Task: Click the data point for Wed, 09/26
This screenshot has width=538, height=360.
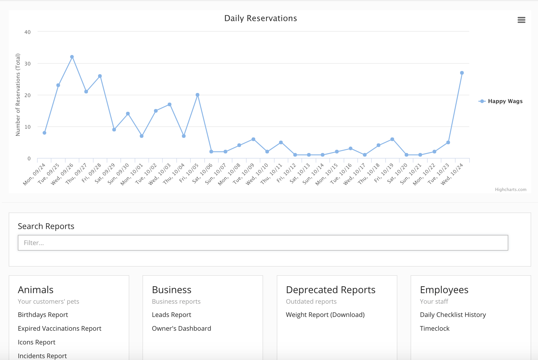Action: click(72, 57)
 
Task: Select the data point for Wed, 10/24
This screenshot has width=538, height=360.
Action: click(462, 73)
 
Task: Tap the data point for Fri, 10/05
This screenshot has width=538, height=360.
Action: click(198, 95)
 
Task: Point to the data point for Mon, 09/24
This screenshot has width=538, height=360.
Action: click(45, 133)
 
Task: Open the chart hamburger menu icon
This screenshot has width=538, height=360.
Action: click(521, 20)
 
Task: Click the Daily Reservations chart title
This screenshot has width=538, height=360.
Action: click(260, 18)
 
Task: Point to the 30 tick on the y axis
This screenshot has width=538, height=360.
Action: click(27, 64)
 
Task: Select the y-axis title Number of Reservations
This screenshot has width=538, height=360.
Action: click(18, 95)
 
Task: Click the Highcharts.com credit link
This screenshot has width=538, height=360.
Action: click(511, 189)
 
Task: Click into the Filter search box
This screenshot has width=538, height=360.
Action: click(263, 243)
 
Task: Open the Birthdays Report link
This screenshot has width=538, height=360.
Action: click(43, 315)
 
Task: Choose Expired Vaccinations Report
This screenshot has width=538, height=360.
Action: click(59, 328)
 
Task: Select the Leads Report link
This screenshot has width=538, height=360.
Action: click(171, 315)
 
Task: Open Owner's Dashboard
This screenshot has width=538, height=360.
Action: click(181, 328)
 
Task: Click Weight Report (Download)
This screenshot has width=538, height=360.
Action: click(325, 315)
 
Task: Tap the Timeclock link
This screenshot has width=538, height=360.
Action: click(434, 328)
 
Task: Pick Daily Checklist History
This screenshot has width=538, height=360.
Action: click(453, 315)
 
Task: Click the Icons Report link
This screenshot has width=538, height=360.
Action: click(36, 342)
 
